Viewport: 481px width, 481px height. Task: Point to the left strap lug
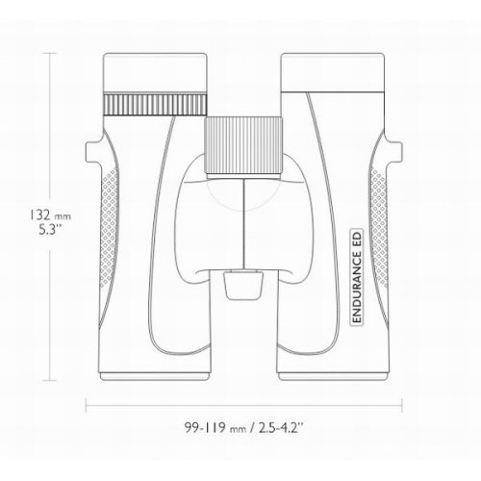(x=93, y=151)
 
